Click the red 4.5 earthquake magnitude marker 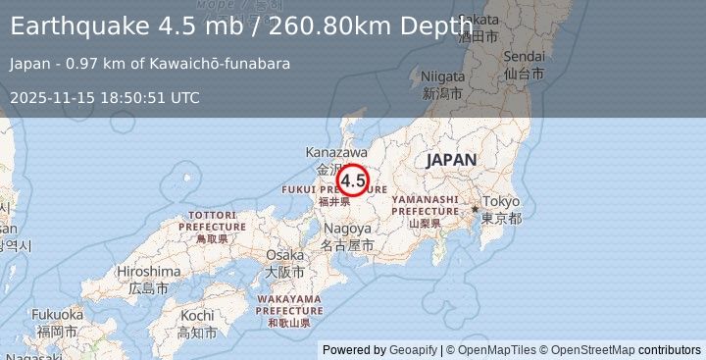point(353,180)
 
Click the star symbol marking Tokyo point(475,208)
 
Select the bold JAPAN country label point(451,160)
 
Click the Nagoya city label point(348,228)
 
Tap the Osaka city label point(284,255)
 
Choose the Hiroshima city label point(148,271)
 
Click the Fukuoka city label point(57,315)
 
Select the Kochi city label point(197,316)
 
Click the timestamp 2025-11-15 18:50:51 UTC point(106,97)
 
